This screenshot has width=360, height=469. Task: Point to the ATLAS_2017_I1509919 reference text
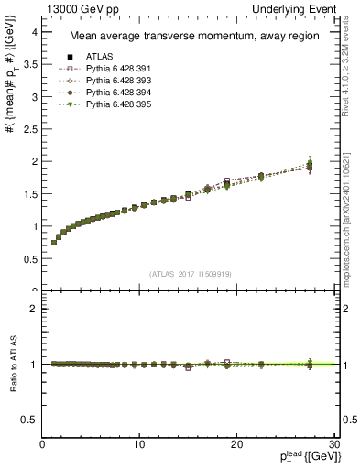pyautogui.click(x=190, y=273)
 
